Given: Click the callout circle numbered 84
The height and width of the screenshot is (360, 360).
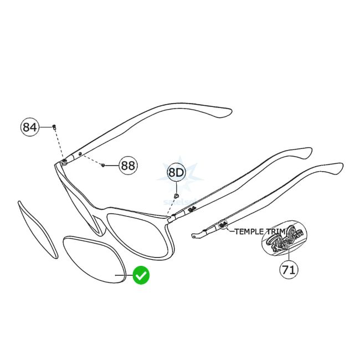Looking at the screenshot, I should tap(30, 127).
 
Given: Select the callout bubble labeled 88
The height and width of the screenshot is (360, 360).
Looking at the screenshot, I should tap(128, 165).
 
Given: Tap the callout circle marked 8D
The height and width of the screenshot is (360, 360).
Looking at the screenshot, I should tap(176, 173).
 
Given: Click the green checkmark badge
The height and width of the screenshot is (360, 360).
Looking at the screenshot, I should tap(141, 275).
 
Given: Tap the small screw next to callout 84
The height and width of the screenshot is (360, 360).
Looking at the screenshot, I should tap(54, 127).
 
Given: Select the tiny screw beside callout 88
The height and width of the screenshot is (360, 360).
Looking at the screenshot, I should tap(104, 164).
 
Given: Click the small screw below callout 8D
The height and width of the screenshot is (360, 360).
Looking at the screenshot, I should tap(176, 196).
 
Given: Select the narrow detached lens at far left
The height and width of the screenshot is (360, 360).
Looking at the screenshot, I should tap(38, 229).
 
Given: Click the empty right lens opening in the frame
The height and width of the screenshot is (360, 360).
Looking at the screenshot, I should tap(140, 233).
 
